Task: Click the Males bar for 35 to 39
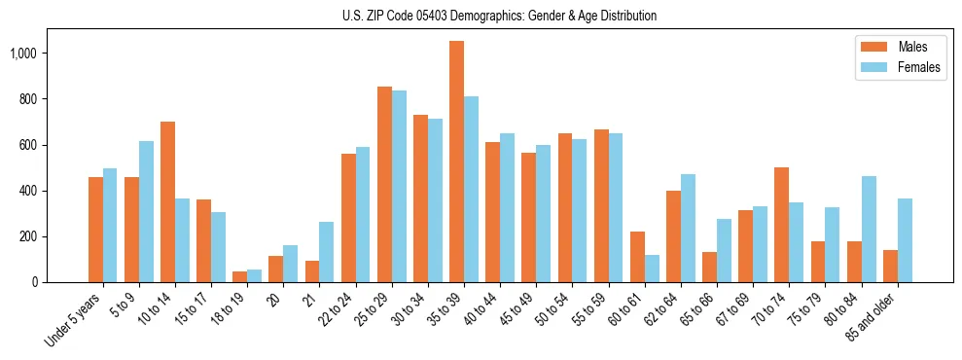pyautogui.click(x=456, y=162)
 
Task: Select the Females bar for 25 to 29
pyautogui.click(x=399, y=187)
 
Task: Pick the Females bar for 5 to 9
pyautogui.click(x=146, y=212)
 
